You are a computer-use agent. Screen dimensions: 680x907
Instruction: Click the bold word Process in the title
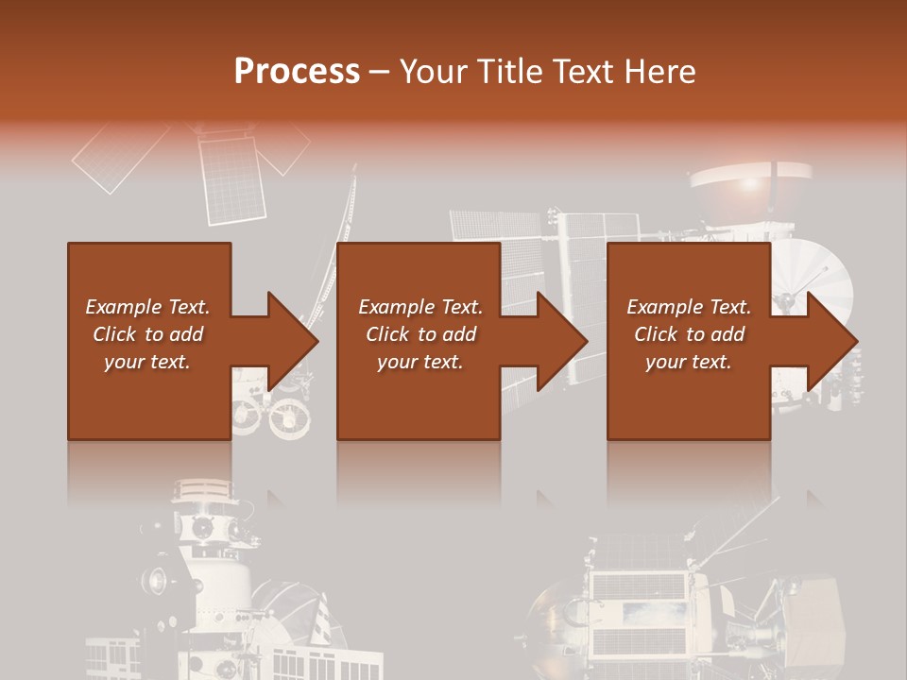tap(297, 72)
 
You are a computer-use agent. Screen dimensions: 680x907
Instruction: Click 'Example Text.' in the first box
tap(147, 307)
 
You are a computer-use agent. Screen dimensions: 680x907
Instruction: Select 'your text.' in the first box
tap(147, 362)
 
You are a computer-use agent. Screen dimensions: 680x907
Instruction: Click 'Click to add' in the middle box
tap(420, 334)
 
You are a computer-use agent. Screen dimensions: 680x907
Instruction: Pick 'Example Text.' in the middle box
tap(420, 307)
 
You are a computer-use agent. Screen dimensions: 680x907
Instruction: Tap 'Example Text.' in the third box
tap(689, 307)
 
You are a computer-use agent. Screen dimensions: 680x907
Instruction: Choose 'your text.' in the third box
tap(689, 362)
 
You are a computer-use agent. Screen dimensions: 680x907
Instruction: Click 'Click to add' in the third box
tap(689, 334)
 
